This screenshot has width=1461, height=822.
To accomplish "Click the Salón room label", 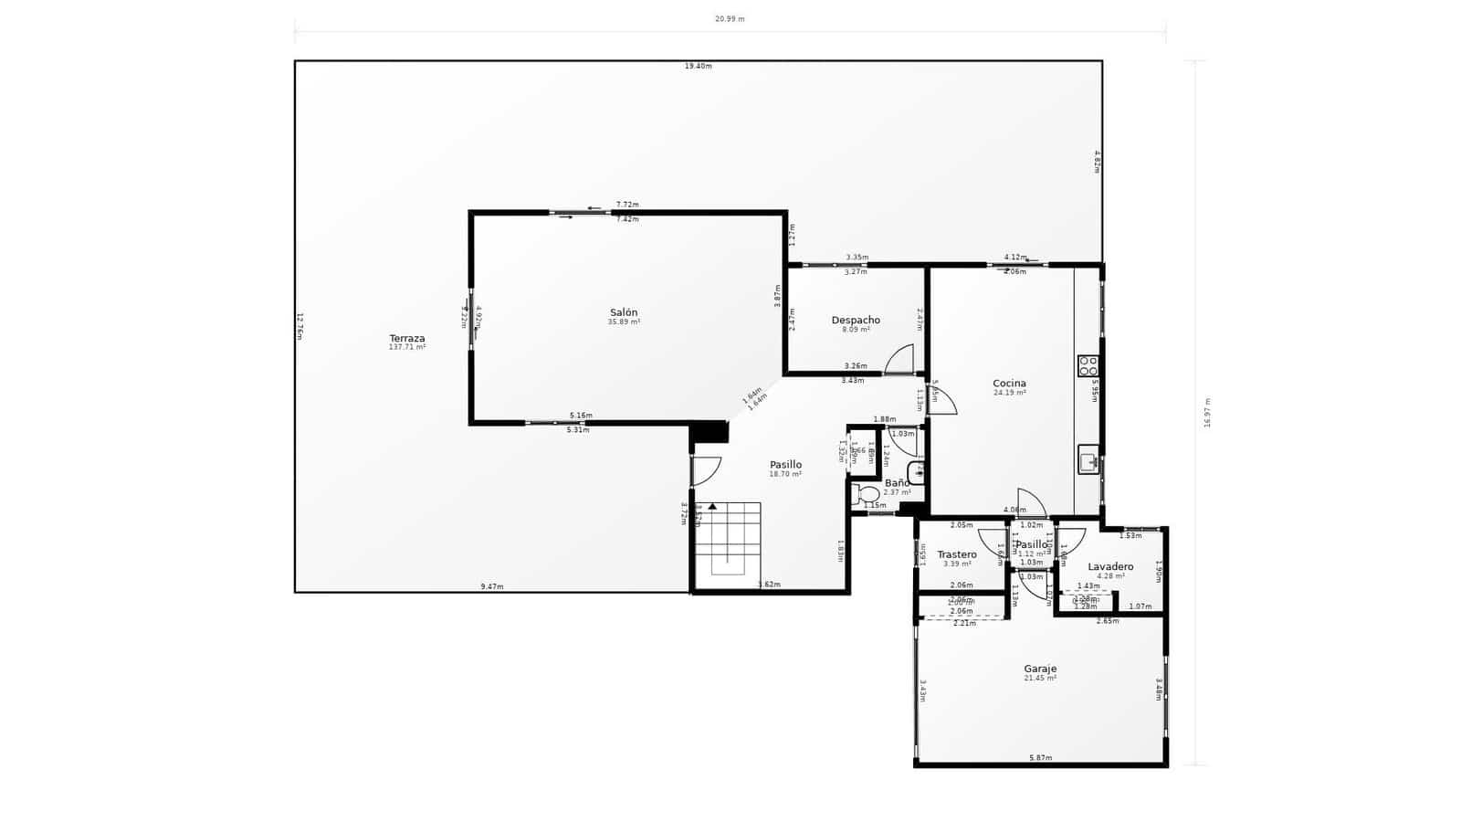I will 624,312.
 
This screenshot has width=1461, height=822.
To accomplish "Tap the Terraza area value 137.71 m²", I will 407,348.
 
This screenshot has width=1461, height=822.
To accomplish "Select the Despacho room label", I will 856,320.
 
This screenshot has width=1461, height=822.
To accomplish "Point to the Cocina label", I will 1009,384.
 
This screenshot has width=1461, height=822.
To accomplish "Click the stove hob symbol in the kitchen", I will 1088,365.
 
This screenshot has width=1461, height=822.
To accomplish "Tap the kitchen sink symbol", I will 1088,459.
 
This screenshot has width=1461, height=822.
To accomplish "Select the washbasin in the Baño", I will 916,473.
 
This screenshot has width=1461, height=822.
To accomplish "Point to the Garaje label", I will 1040,669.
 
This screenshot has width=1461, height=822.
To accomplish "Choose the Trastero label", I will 957,554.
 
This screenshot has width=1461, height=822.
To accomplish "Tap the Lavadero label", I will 1110,567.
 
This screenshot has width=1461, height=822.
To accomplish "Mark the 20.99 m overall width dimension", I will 730,18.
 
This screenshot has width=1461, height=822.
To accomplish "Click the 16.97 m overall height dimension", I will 1207,413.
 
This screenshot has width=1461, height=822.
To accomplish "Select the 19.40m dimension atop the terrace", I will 699,66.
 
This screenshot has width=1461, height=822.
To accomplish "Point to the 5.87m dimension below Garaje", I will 1040,758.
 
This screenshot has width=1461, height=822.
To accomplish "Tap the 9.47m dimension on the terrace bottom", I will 492,586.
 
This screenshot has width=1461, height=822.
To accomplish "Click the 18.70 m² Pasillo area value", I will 785,474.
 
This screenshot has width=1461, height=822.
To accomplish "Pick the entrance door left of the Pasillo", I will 705,470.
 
